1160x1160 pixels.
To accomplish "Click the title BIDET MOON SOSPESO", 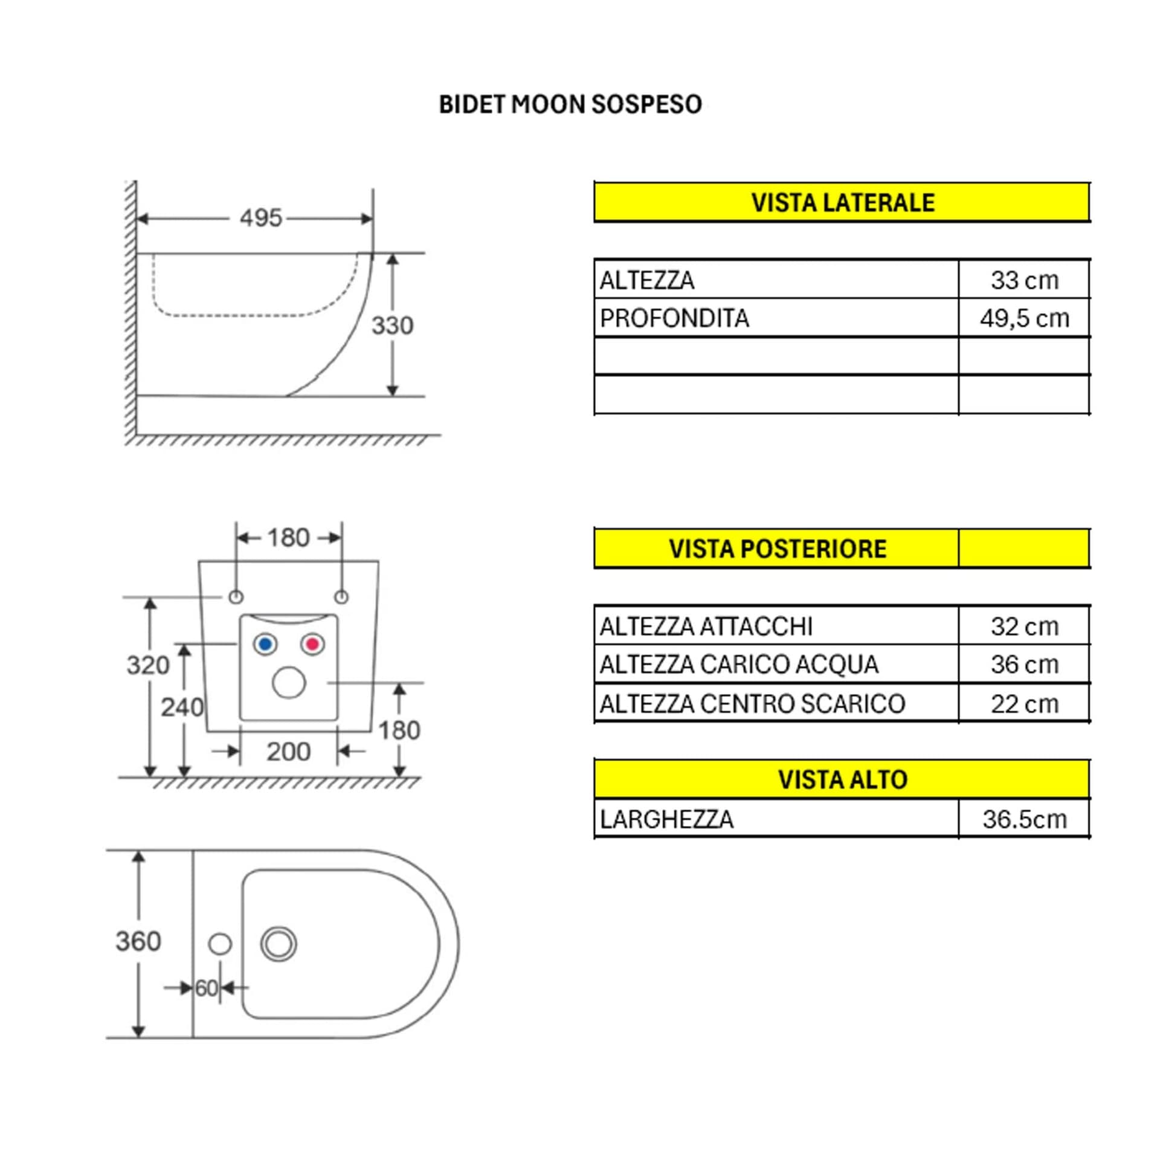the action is [x=570, y=105].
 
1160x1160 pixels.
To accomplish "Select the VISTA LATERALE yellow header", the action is [x=842, y=202].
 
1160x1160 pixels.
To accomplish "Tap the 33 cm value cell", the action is [x=1024, y=280].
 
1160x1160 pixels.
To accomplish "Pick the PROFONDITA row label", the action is [x=674, y=318].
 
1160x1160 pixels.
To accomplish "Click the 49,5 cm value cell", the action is [x=1024, y=318].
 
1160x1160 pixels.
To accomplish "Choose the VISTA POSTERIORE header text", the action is [x=778, y=549].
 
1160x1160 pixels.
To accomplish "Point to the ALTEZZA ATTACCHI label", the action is [x=706, y=627].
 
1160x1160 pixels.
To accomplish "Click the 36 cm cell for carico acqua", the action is [x=1024, y=665].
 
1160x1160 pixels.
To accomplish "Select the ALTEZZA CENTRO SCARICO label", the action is [x=752, y=704].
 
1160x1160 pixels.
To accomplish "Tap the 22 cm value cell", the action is [x=1024, y=704].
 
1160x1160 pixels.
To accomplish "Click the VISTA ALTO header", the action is [x=842, y=780].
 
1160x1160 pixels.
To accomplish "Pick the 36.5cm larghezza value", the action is [x=1024, y=819].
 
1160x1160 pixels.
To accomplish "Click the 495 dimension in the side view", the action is [x=261, y=218].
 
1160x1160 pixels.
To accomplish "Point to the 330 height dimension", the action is [x=392, y=326].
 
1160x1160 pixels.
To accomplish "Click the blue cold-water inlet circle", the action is [x=265, y=644].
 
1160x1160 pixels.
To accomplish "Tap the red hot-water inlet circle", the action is [x=312, y=644].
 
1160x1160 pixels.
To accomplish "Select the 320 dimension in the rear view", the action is [x=148, y=665].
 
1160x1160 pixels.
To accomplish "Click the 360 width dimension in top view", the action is [x=138, y=941].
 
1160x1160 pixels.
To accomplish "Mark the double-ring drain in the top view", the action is [x=279, y=944].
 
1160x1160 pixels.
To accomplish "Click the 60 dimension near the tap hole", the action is [x=206, y=988].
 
